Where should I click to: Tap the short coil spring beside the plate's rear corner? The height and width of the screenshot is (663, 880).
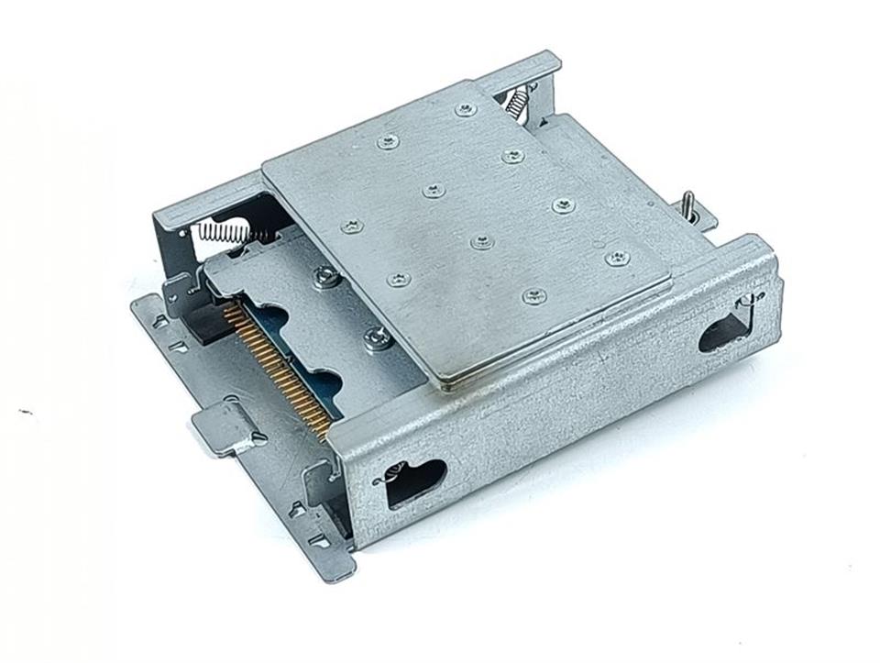point(519,98)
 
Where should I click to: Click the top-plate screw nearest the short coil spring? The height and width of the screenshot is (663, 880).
point(467,110)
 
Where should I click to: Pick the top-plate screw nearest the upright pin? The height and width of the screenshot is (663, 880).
point(618,258)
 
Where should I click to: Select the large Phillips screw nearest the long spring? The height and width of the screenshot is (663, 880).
point(325,275)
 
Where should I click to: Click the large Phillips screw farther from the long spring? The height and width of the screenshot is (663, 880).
point(376,339)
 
